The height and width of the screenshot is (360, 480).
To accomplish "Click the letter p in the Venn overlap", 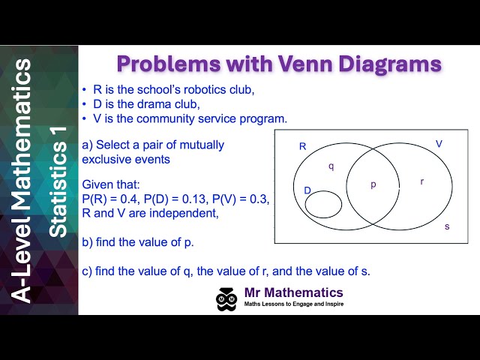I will coord(373,184).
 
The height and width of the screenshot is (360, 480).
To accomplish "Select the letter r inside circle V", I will coord(421,181).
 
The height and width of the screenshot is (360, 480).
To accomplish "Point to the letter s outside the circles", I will coord(447,226).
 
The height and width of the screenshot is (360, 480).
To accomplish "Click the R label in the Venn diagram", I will coord(303,146).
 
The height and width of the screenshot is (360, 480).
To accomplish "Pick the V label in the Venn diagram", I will coord(439,143).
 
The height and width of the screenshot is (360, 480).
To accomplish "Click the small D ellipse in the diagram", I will coord(324,204).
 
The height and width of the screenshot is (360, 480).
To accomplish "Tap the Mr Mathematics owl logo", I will coord(226,298).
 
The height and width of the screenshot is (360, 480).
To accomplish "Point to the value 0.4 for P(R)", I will coord(130,198).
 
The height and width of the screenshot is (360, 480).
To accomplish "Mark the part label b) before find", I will coord(87,241).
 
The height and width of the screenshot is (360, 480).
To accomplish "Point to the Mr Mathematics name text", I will coord(294,292).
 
